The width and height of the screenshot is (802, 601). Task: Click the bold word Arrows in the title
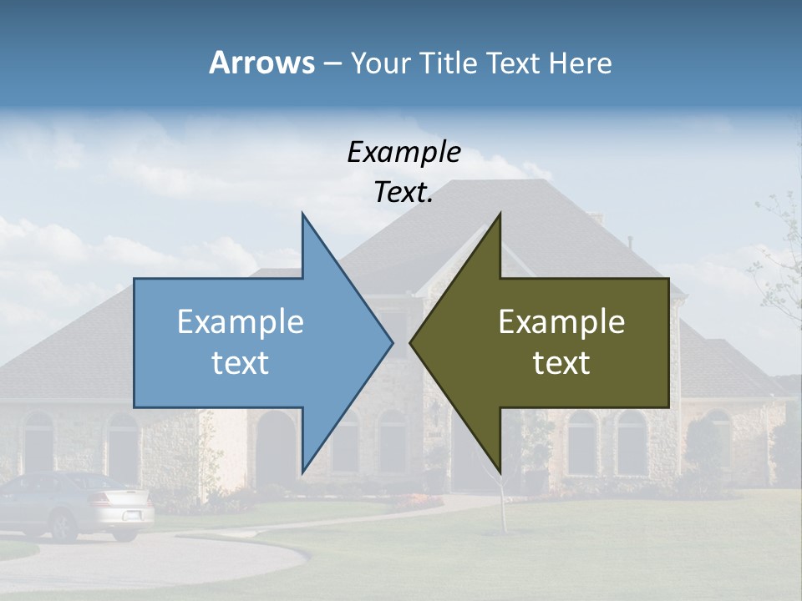click(x=261, y=63)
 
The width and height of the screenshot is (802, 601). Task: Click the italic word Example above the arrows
click(x=404, y=152)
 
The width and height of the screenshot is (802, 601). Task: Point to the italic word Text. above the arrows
click(x=404, y=192)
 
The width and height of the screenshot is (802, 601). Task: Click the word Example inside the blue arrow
click(x=241, y=322)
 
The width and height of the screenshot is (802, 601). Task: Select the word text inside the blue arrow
click(x=241, y=363)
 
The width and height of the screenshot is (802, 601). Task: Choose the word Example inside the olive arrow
click(x=561, y=322)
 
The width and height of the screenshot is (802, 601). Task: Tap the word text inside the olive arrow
click(x=561, y=363)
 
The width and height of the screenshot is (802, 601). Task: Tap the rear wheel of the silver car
click(x=63, y=526)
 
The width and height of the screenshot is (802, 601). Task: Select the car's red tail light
click(x=100, y=500)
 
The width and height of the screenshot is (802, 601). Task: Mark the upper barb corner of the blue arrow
click(x=302, y=215)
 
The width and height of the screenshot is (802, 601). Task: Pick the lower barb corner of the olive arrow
click(x=500, y=471)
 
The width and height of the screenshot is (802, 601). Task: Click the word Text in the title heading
click(x=515, y=63)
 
